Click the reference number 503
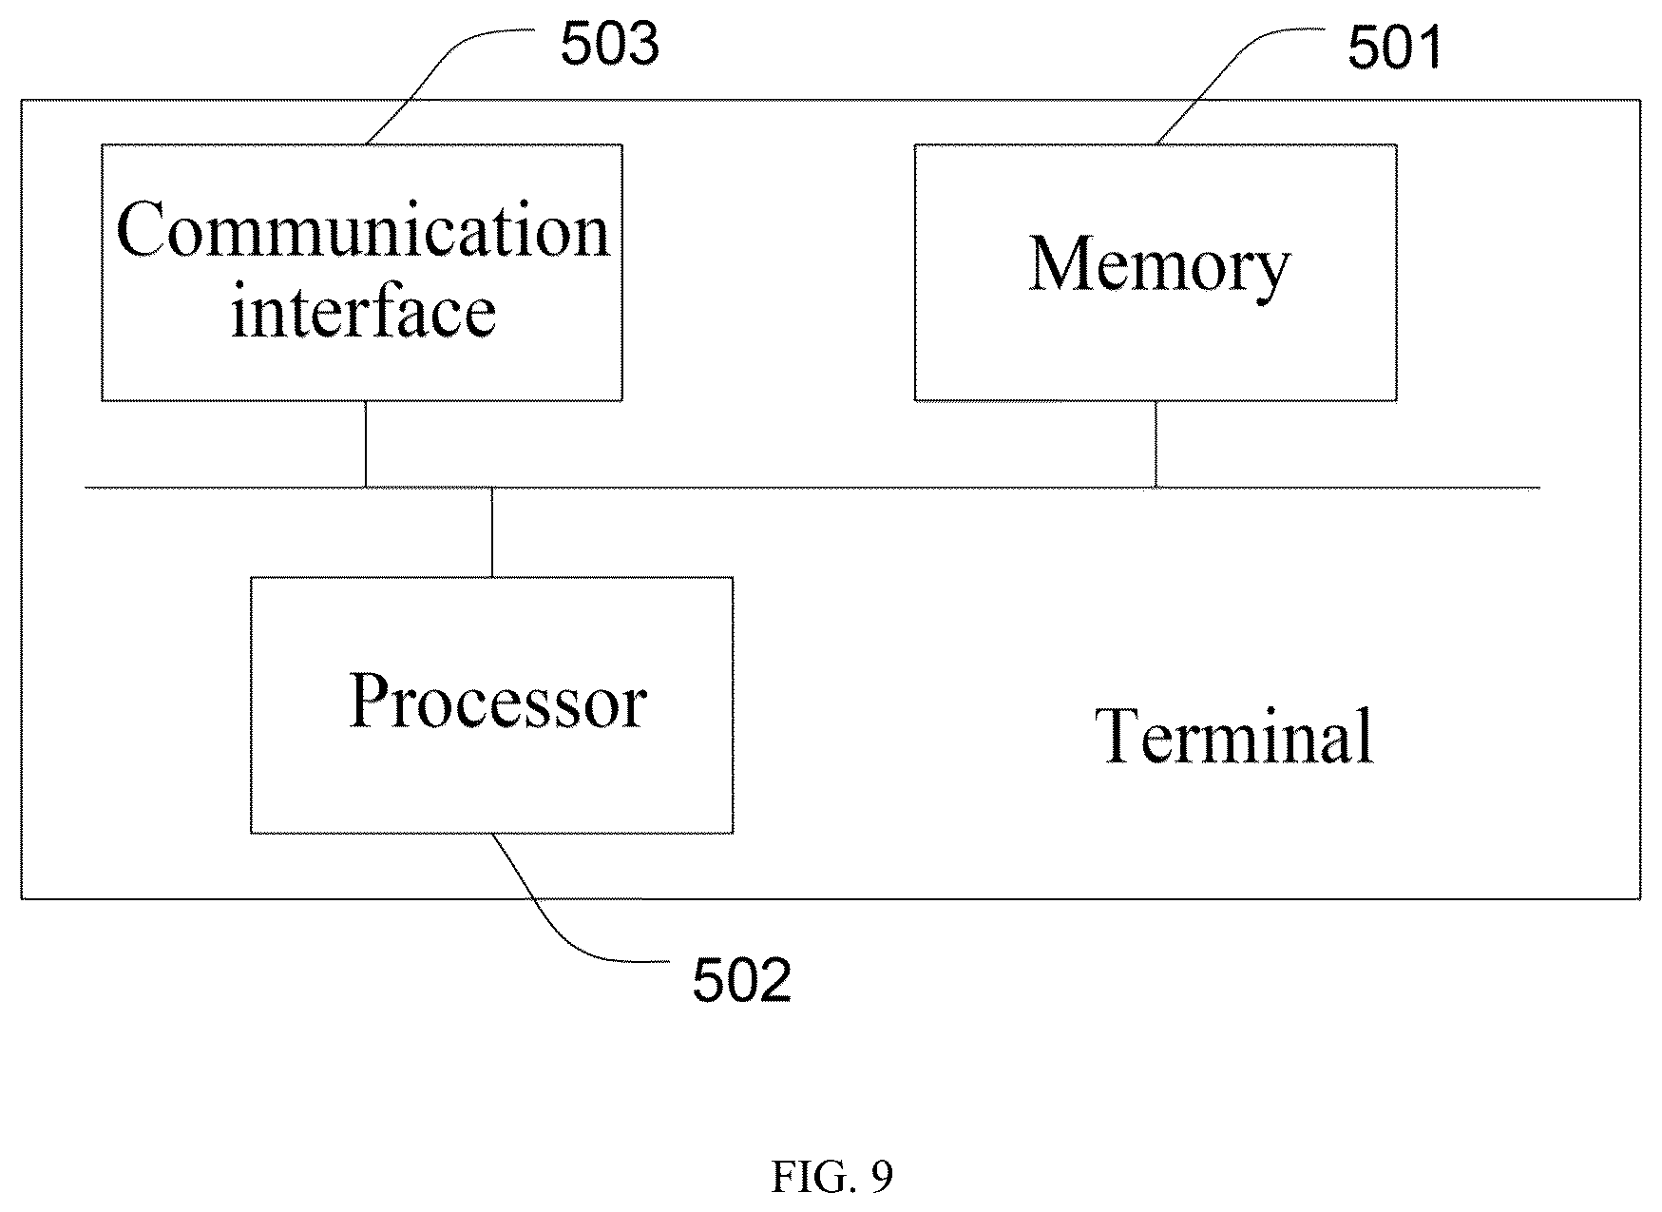(609, 45)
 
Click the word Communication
(362, 230)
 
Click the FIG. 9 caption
(831, 1178)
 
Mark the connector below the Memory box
(1156, 444)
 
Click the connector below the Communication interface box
(366, 444)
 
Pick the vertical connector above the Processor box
(491, 532)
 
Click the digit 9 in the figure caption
(882, 1178)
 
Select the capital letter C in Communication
(140, 230)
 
